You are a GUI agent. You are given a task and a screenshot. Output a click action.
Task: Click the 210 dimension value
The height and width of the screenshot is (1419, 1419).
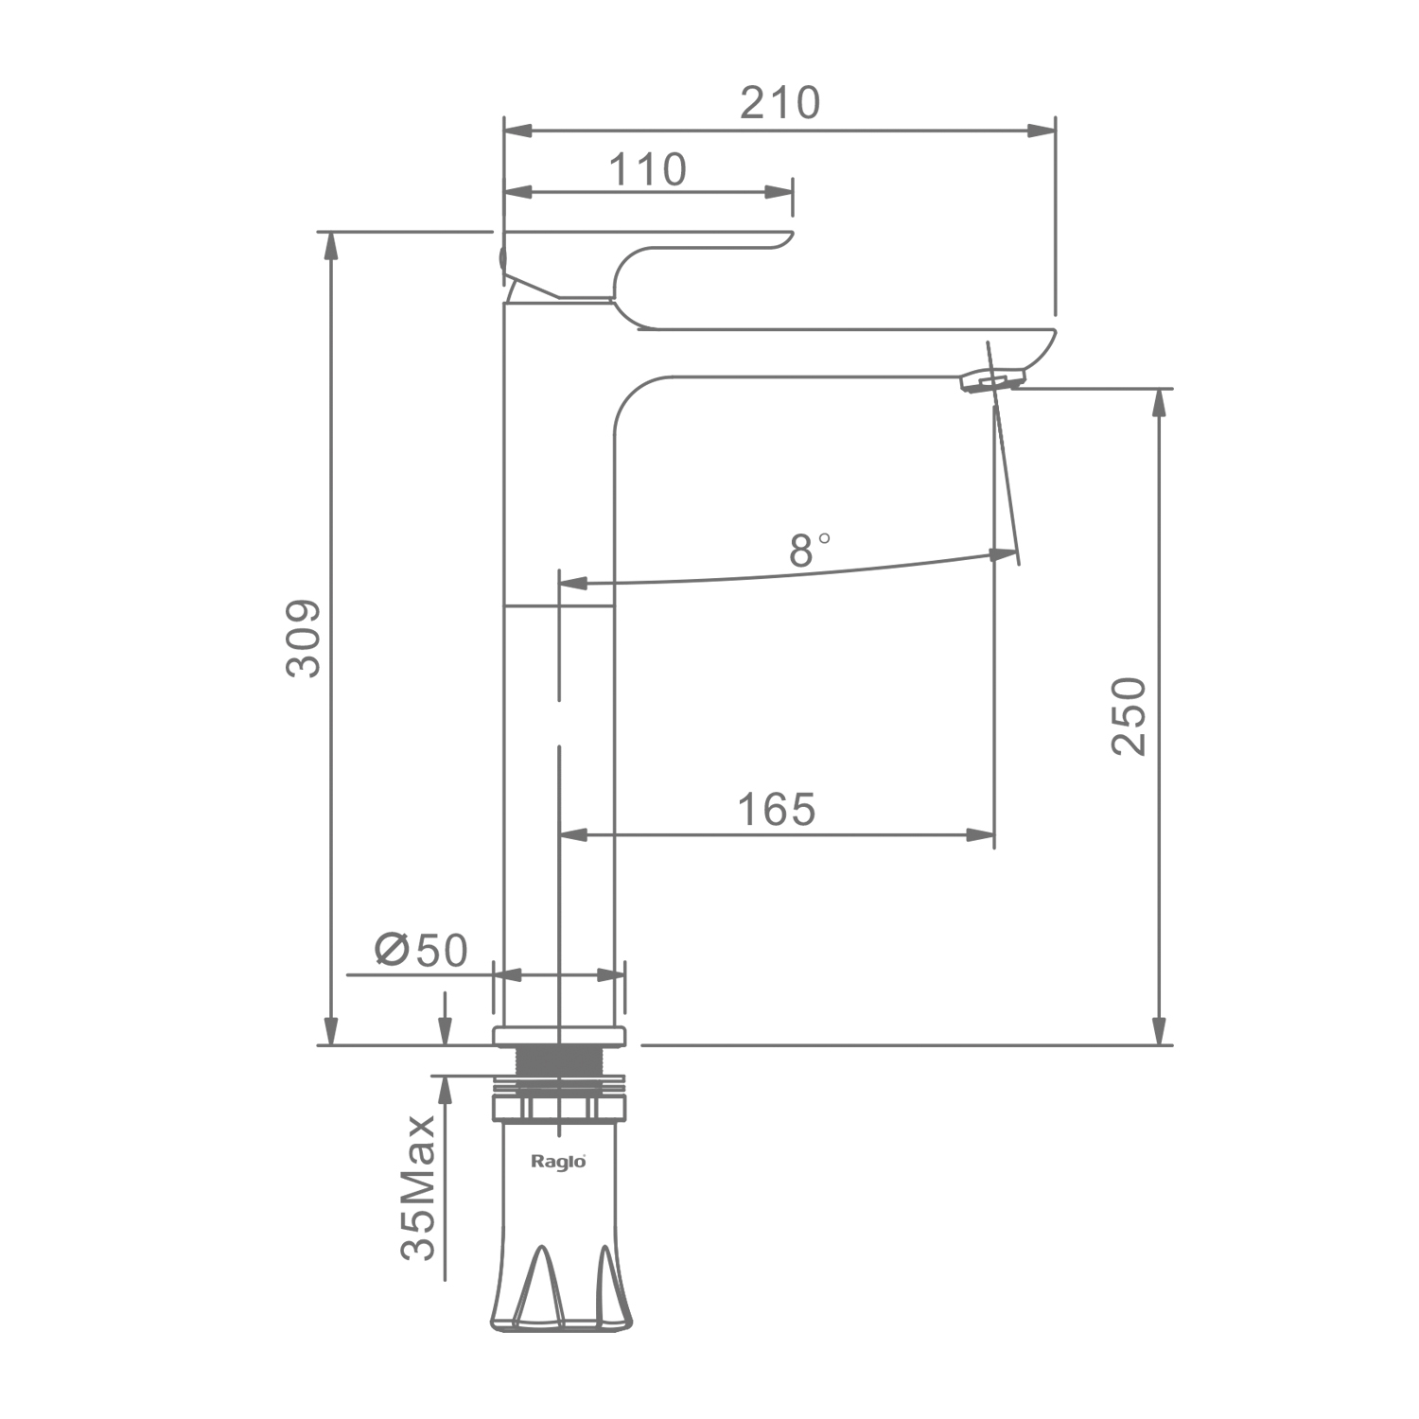pos(780,103)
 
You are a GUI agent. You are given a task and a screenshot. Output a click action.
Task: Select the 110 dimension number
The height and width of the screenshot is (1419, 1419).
pos(647,170)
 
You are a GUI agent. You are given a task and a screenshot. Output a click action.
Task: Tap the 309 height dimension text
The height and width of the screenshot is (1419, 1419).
pos(304,639)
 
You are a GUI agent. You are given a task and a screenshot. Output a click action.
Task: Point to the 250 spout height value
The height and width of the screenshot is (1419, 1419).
pos(1129,716)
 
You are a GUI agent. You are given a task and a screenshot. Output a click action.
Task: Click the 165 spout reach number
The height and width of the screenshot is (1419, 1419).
pos(777,810)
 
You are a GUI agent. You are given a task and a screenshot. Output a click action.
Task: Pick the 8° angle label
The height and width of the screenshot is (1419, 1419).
pos(810,550)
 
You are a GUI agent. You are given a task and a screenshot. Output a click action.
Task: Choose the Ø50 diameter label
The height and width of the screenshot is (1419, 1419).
pos(422,950)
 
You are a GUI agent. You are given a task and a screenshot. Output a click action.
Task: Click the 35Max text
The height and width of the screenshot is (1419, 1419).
pos(418,1187)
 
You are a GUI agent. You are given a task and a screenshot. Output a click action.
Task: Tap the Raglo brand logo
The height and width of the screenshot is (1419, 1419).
pos(558,1161)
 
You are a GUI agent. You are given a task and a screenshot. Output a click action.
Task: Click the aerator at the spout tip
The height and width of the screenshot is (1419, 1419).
pos(991,380)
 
